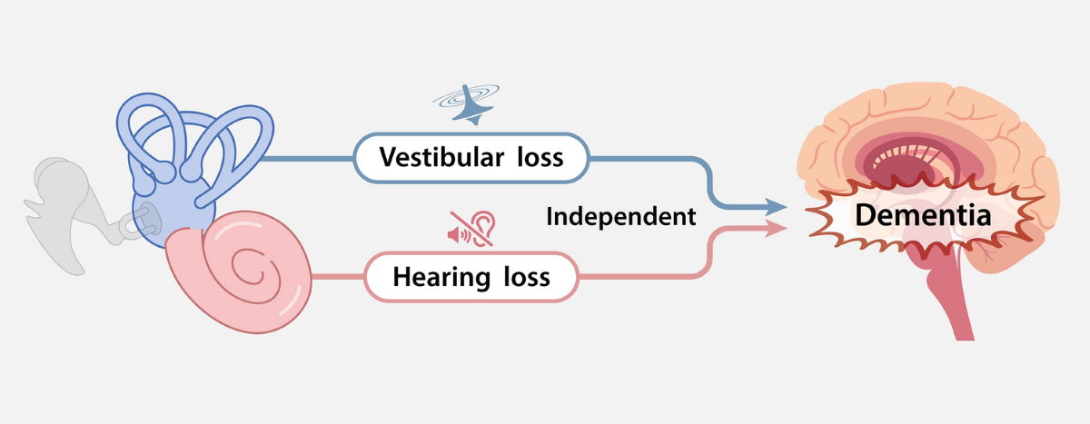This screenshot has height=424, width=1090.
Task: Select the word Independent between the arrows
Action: pos(621,217)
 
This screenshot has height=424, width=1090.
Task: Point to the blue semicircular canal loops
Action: pos(195,136)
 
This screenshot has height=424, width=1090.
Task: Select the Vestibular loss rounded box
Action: pos(471,157)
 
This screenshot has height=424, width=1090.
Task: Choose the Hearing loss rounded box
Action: pos(471,276)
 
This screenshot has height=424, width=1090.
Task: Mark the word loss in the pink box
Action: pos(522,276)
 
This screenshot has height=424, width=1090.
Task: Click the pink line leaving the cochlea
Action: pos(336,276)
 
